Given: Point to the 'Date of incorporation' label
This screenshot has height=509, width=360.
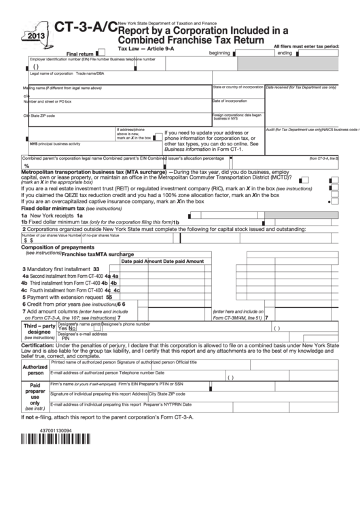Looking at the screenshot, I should coord(230,101).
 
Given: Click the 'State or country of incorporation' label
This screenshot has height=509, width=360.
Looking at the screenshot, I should coord(238,87).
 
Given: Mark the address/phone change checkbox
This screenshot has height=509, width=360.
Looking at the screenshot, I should coord(156,137).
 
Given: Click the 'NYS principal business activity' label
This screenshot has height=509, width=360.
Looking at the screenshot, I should coord(54,143).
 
